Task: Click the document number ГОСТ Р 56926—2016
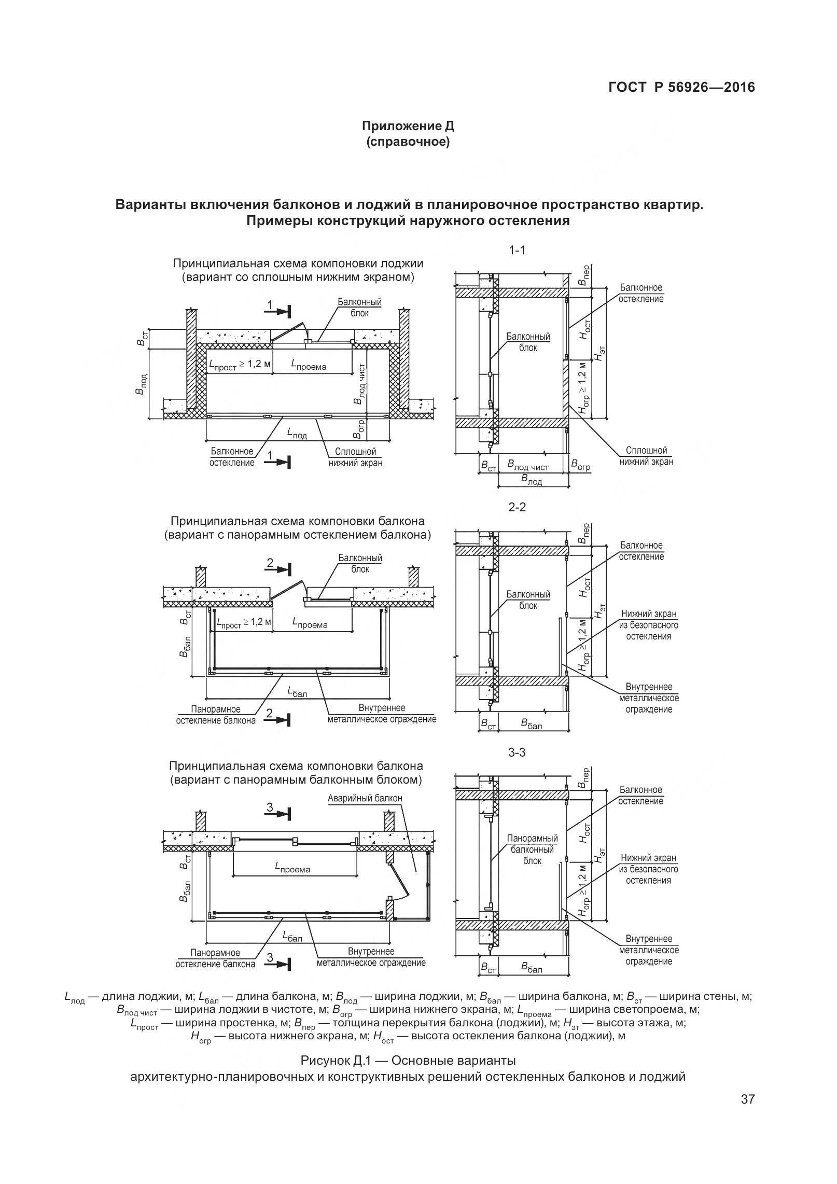click(x=681, y=87)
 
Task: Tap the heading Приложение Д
click(x=408, y=126)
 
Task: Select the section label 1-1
click(x=517, y=250)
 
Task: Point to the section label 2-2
click(x=517, y=507)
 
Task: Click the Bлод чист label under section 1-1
click(x=527, y=466)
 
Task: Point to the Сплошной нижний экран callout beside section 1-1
click(x=646, y=456)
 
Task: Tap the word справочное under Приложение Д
click(x=408, y=142)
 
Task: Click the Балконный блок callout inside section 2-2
click(x=528, y=600)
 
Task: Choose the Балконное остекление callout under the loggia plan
click(x=232, y=457)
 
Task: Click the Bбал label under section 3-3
click(x=532, y=968)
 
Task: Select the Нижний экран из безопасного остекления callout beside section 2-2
click(x=648, y=625)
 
